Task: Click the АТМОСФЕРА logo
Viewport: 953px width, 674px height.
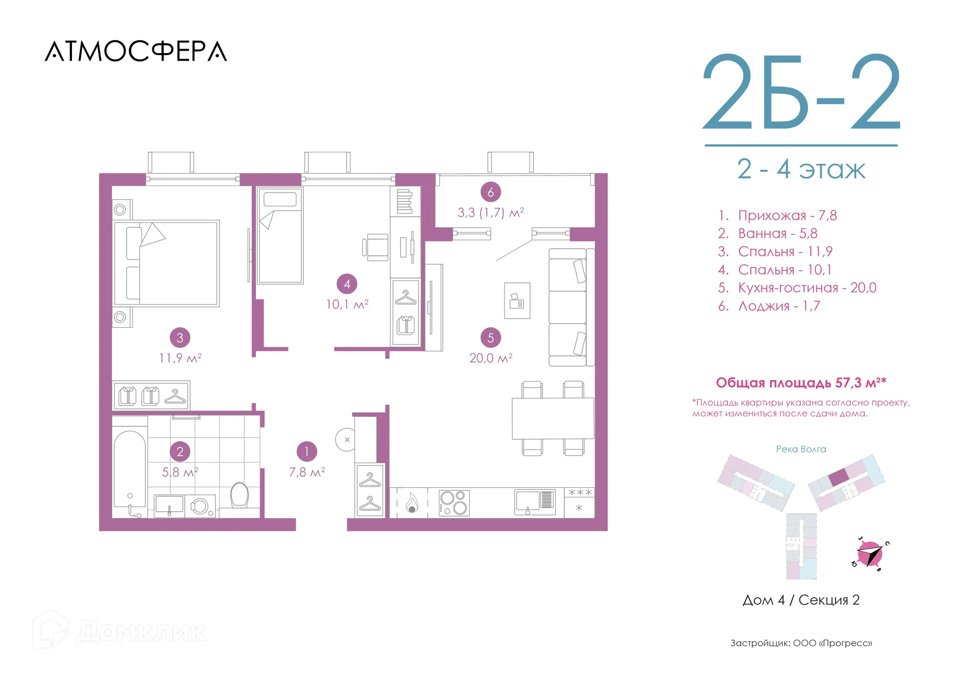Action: pyautogui.click(x=136, y=51)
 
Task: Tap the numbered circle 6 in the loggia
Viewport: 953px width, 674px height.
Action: pyautogui.click(x=490, y=192)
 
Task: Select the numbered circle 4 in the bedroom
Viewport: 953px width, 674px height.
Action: pyautogui.click(x=347, y=284)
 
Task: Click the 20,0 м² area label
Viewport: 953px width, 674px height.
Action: pyautogui.click(x=491, y=358)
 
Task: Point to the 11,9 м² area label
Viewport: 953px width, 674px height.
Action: pyautogui.click(x=180, y=358)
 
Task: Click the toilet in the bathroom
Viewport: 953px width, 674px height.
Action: pyautogui.click(x=240, y=495)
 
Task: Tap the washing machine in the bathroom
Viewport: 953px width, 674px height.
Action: pyautogui.click(x=200, y=506)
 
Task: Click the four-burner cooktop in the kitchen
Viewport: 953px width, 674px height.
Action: pyautogui.click(x=454, y=502)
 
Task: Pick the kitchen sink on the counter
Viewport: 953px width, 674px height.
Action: pyautogui.click(x=535, y=502)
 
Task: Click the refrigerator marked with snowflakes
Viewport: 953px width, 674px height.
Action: pyautogui.click(x=579, y=502)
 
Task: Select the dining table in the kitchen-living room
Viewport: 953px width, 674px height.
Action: pyautogui.click(x=553, y=418)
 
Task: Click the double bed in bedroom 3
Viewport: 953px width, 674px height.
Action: pyautogui.click(x=166, y=263)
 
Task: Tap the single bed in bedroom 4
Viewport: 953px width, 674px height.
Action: pyautogui.click(x=280, y=235)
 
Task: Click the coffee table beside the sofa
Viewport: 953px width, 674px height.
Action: pyautogui.click(x=517, y=301)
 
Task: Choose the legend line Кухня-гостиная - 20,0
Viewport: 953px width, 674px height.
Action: pyautogui.click(x=797, y=288)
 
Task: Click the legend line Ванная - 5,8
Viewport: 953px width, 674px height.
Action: pyautogui.click(x=767, y=233)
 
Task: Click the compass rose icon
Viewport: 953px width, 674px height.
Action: pyautogui.click(x=870, y=554)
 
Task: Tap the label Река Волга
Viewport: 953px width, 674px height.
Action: pyautogui.click(x=801, y=449)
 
